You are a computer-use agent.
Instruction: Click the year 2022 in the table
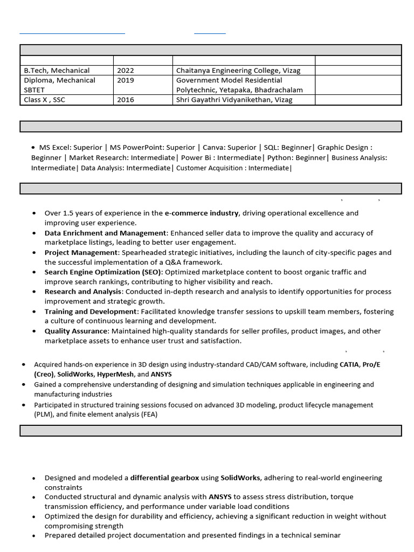(x=126, y=71)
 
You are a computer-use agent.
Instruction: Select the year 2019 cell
(x=126, y=80)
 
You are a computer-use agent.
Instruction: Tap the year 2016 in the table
(x=126, y=100)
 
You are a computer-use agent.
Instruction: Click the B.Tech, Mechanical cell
(x=57, y=71)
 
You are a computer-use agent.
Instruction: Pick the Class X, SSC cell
(x=44, y=100)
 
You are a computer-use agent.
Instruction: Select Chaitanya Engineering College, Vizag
(x=238, y=71)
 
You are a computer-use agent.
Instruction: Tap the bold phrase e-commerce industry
(x=201, y=213)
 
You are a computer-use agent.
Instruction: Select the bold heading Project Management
(x=81, y=252)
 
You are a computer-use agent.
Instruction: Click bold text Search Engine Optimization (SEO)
(x=102, y=272)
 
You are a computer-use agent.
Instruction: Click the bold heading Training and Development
(x=91, y=312)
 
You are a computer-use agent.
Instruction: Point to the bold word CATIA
(x=349, y=364)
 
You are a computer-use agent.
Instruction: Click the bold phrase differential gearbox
(x=164, y=478)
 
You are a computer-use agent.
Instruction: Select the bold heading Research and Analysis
(x=83, y=292)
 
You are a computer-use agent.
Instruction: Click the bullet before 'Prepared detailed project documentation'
(x=34, y=536)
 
